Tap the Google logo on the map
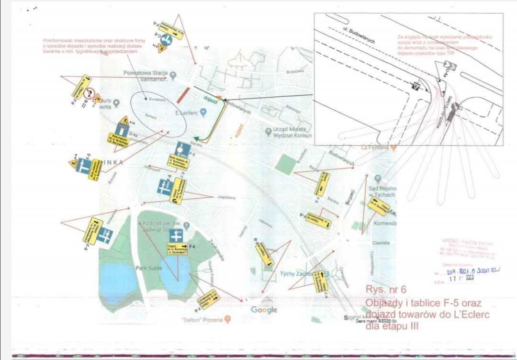click(x=264, y=310)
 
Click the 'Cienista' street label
click(x=381, y=243)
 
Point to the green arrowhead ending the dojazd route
click(x=202, y=140)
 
